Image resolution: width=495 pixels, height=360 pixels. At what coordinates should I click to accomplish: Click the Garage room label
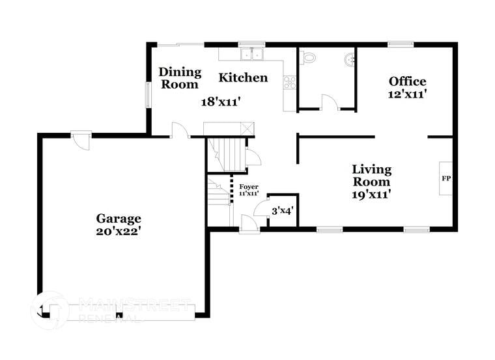click(x=119, y=218)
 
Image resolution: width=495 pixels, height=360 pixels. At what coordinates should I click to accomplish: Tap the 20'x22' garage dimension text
click(x=119, y=230)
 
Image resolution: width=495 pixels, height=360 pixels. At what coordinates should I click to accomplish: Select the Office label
click(x=407, y=81)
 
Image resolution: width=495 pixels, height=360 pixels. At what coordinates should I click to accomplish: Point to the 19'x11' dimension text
click(x=372, y=193)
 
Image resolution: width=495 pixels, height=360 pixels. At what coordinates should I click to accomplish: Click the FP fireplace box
click(x=446, y=178)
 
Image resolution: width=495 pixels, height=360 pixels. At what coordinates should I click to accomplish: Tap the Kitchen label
click(x=242, y=78)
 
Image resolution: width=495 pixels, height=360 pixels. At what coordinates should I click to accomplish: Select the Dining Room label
click(x=180, y=78)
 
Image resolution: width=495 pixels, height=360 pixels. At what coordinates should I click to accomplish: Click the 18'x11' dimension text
click(x=221, y=102)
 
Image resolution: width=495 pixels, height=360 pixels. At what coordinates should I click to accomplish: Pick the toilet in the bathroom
click(x=308, y=58)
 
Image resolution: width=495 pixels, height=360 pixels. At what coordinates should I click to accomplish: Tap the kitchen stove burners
click(x=290, y=83)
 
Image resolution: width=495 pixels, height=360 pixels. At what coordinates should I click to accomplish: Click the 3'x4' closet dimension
click(x=283, y=211)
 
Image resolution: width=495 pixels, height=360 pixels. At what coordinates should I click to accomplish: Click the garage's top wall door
click(x=80, y=140)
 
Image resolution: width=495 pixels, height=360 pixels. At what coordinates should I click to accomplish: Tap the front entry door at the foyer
click(x=249, y=223)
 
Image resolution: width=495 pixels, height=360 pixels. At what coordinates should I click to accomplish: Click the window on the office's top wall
click(x=401, y=44)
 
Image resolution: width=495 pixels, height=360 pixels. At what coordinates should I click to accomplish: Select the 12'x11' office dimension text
click(x=407, y=94)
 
